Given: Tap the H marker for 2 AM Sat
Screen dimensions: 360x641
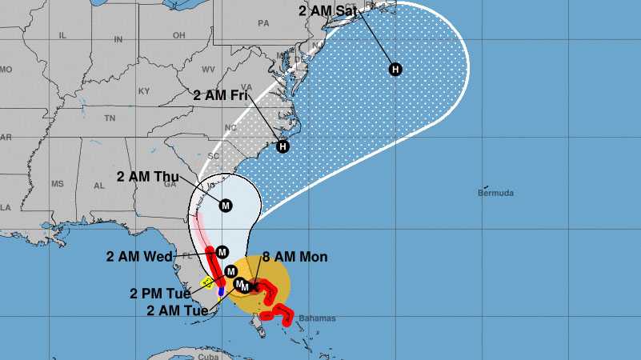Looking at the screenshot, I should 395,70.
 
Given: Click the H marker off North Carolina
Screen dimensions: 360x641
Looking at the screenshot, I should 282,146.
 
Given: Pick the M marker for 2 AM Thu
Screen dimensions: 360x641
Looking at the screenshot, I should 225,206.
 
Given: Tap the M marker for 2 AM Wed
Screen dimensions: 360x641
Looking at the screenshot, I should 222,252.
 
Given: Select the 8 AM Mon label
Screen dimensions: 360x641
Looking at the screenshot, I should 295,257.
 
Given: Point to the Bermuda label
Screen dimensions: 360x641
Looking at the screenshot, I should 495,193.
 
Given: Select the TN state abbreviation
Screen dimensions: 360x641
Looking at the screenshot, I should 110,118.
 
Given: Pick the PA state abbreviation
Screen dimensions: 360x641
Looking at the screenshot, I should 262,24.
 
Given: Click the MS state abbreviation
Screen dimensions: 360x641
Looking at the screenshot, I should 57,184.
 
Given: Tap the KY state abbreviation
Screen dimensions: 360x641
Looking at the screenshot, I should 144,90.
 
